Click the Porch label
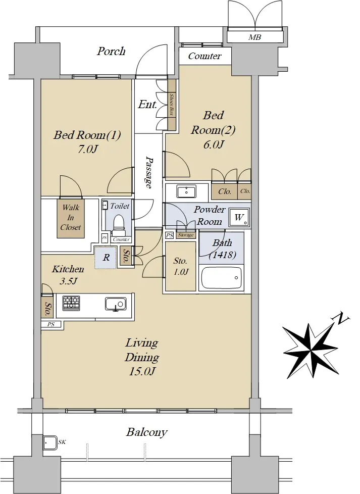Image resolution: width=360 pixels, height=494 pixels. pyautogui.click(x=111, y=51)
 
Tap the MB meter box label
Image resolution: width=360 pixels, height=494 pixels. pyautogui.click(x=254, y=37)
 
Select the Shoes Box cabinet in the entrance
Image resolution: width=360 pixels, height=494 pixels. pyautogui.click(x=172, y=105)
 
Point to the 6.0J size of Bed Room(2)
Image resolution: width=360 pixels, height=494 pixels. pyautogui.click(x=213, y=144)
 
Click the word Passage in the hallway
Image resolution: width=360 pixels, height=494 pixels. pyautogui.click(x=148, y=172)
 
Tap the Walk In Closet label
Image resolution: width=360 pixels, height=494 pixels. pyautogui.click(x=71, y=217)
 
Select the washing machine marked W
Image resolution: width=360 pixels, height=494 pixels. pyautogui.click(x=239, y=217)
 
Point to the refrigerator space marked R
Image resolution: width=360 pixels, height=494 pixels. pyautogui.click(x=106, y=258)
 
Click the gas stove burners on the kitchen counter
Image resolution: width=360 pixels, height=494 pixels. pyautogui.click(x=71, y=303)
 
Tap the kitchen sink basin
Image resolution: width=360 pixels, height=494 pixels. pyautogui.click(x=116, y=304)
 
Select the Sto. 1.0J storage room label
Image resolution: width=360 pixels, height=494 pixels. pyautogui.click(x=180, y=266)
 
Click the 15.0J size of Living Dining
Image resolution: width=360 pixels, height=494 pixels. pyautogui.click(x=142, y=371)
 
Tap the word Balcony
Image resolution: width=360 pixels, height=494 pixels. pyautogui.click(x=146, y=432)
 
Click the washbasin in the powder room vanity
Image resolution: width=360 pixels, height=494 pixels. pyautogui.click(x=187, y=191)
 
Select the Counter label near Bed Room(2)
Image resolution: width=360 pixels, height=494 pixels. pyautogui.click(x=204, y=56)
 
